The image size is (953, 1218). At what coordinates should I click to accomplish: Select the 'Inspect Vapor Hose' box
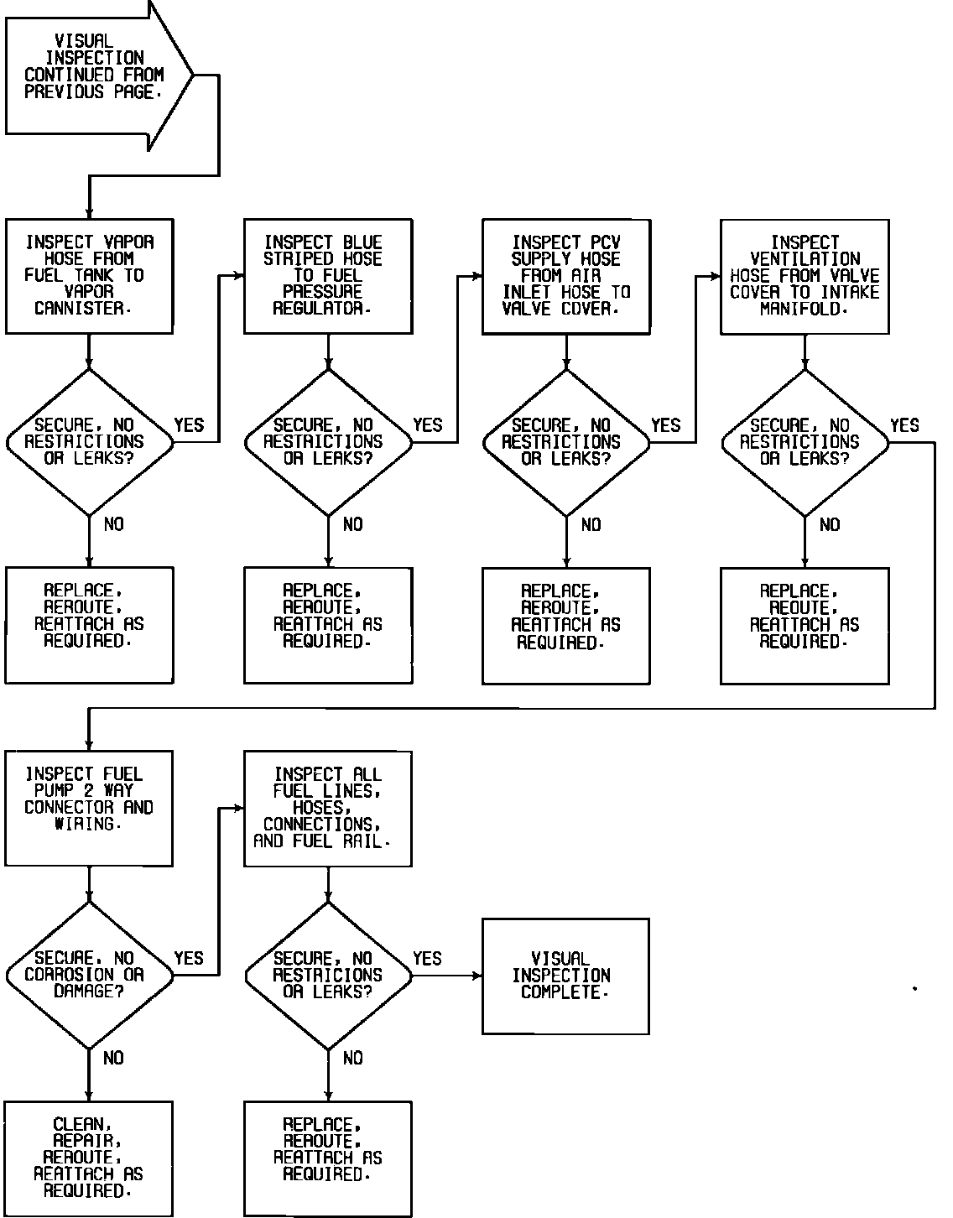[x=89, y=276]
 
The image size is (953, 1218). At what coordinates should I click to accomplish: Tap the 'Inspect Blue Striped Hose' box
[x=327, y=276]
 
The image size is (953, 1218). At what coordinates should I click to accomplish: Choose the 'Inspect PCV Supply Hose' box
[x=565, y=276]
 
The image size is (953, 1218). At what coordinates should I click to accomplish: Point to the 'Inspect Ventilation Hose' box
[x=805, y=276]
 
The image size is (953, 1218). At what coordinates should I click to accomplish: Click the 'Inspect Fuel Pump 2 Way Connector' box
[x=89, y=808]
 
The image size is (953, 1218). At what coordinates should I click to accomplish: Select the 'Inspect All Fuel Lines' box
[x=327, y=808]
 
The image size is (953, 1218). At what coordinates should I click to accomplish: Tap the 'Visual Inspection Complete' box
[x=565, y=976]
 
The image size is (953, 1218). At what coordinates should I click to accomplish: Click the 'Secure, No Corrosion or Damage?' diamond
[x=89, y=975]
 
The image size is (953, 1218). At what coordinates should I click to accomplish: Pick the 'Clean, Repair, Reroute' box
[x=89, y=1158]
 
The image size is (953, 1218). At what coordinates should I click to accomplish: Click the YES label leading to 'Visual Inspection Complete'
[x=427, y=958]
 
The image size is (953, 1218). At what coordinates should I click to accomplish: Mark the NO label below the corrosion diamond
[x=113, y=1059]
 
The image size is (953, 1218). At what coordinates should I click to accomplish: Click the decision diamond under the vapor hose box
[x=89, y=442]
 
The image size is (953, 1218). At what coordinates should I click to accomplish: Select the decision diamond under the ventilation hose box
[x=805, y=442]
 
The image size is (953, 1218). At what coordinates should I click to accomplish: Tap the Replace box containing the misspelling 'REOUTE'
[x=805, y=625]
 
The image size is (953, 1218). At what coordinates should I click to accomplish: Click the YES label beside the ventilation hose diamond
[x=904, y=425]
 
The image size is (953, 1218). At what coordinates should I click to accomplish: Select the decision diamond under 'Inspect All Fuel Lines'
[x=327, y=975]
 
